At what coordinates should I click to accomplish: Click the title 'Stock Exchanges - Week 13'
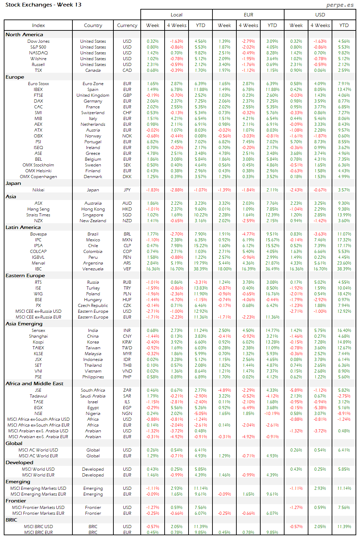coord(43,5)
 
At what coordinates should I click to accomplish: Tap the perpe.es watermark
coord(340,5)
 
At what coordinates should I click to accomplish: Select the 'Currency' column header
coord(127,25)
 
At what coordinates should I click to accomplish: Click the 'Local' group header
coord(177,15)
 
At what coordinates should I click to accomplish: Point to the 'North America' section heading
coord(24,35)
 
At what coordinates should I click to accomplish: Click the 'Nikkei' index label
coord(38,190)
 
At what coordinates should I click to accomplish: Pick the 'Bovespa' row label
coord(38,234)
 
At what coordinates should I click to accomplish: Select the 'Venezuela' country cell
coord(93,269)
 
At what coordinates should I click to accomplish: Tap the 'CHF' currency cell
coord(127,113)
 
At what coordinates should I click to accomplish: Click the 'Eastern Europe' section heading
coord(25,275)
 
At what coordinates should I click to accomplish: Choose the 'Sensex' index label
coord(38,331)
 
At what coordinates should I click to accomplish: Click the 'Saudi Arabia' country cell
coord(93,396)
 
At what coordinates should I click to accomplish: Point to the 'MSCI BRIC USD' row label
coord(38,527)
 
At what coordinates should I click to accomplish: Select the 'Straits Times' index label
coord(38,215)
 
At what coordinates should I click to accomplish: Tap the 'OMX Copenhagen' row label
coord(38,177)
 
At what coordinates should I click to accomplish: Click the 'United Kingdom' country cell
coord(93,95)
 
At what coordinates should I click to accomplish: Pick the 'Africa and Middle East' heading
coord(34,383)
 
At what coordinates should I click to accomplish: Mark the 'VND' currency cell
coord(127,371)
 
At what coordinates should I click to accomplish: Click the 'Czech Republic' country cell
coord(93,306)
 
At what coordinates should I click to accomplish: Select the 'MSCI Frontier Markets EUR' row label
coord(38,513)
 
